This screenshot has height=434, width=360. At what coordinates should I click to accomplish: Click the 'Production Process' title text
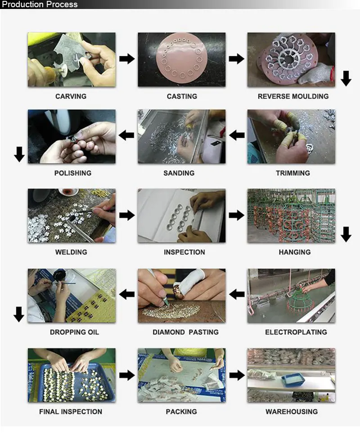(40, 4)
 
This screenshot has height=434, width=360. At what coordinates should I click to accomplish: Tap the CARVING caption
(71, 96)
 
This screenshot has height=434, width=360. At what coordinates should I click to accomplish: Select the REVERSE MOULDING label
(293, 96)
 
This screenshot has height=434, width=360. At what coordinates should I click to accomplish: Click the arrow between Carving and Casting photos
(127, 58)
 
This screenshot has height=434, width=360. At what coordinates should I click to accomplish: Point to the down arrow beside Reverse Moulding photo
(346, 78)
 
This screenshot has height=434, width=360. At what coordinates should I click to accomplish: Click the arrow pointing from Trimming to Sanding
(237, 135)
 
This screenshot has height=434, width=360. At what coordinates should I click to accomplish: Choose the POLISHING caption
(73, 173)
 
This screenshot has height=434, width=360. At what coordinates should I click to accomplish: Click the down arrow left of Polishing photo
(19, 154)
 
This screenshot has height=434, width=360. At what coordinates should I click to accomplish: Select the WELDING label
(71, 252)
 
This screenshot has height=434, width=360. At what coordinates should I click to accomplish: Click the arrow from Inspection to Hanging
(237, 215)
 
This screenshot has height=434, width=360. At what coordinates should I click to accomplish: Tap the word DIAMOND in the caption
(169, 332)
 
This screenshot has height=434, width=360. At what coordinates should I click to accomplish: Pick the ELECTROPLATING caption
(296, 332)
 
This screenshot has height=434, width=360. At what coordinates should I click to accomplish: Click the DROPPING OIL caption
(74, 332)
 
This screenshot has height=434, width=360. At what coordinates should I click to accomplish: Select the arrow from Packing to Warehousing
(237, 376)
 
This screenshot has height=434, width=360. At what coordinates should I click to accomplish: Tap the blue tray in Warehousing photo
(293, 379)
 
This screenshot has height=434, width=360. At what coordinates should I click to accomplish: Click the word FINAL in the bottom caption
(49, 412)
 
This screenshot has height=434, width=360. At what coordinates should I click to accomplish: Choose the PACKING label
(181, 412)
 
